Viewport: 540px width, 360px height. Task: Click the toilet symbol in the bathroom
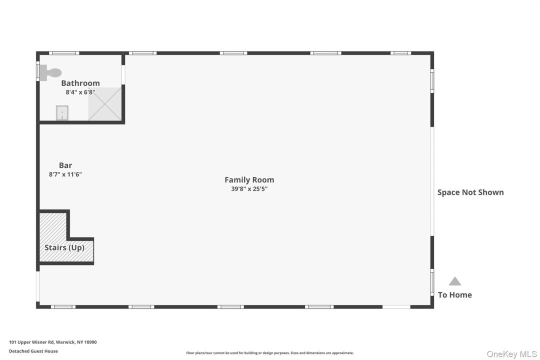50,72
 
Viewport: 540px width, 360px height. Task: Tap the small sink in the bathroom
62,112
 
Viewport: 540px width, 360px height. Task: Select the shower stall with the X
104,103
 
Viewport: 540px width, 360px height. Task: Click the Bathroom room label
80,83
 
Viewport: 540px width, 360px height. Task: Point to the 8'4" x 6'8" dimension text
80,92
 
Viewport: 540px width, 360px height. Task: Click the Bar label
65,165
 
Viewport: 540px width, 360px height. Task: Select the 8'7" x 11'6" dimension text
65,174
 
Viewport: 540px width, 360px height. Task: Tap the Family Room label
249,180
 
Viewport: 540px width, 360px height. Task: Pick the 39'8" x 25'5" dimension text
249,189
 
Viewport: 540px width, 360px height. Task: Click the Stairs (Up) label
64,247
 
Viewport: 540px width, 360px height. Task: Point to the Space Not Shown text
470,192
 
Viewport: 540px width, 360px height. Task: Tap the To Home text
455,295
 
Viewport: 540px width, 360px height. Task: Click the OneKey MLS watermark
512,354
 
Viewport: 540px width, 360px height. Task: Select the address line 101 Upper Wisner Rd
53,342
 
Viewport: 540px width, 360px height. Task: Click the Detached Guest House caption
33,351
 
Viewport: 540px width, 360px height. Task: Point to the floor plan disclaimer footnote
270,353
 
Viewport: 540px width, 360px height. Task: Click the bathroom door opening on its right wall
123,75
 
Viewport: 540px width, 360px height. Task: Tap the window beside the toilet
38,71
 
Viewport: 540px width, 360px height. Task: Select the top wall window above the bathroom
64,53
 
